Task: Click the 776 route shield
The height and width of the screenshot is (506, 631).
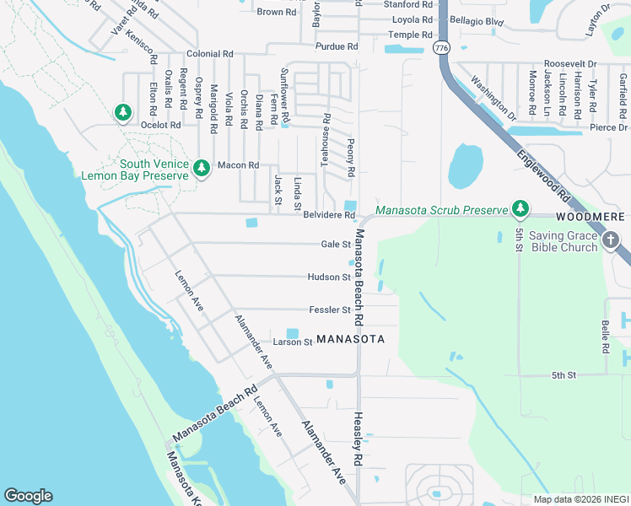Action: point(441,49)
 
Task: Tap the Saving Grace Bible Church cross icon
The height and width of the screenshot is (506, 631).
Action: point(612,241)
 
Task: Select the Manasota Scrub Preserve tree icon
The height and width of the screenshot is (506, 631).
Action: point(520,208)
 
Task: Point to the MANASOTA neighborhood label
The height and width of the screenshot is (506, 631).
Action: point(350,339)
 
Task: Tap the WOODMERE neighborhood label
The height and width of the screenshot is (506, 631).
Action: point(591,217)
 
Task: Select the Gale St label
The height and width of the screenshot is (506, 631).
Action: point(335,245)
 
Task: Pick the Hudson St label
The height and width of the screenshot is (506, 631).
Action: point(329,277)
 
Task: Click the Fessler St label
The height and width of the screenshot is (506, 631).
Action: point(329,310)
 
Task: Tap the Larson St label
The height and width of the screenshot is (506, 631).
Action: point(293,342)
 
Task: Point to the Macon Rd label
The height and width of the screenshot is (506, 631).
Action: point(237,165)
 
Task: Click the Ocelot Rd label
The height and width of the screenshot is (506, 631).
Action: point(161,125)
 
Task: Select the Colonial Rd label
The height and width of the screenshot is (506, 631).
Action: point(209,54)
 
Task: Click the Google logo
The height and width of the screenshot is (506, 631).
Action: point(28,496)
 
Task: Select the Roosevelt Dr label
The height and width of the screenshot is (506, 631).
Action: point(569,63)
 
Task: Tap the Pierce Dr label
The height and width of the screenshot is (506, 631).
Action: point(608,127)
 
